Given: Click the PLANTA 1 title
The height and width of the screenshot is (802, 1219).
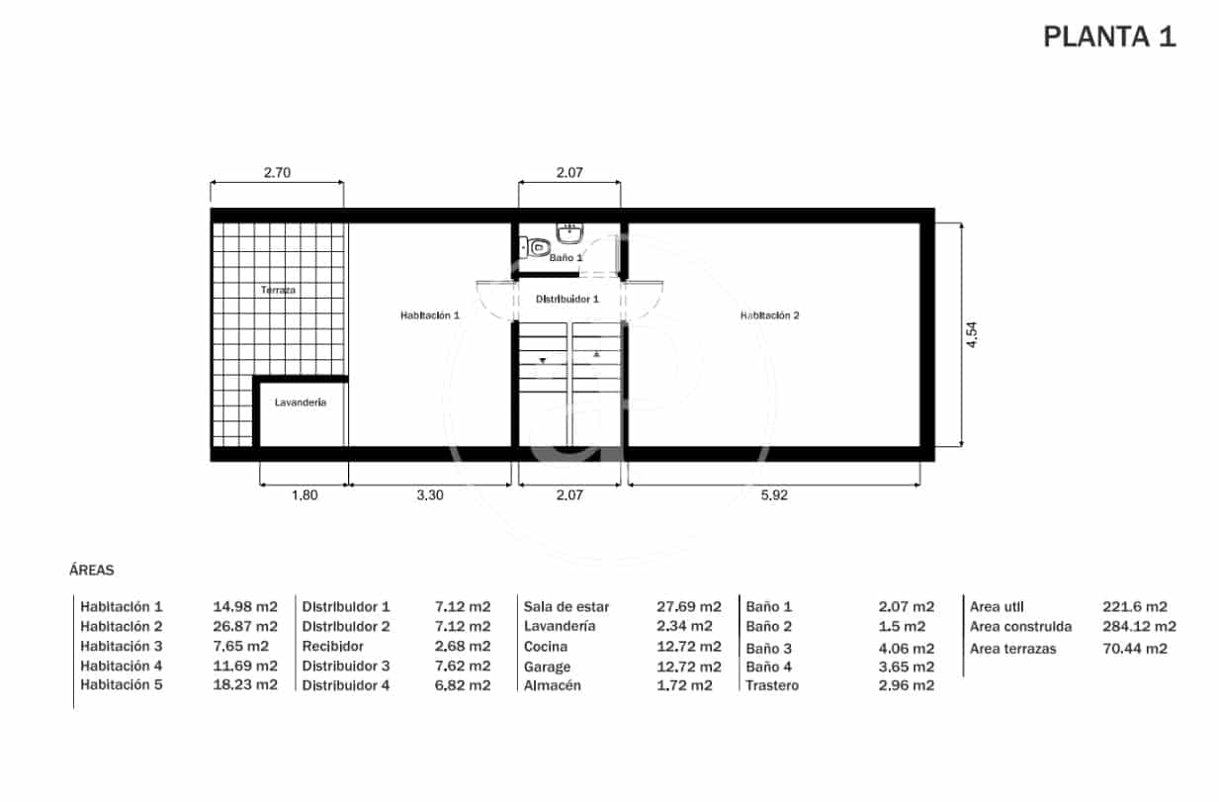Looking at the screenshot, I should tap(1109, 38).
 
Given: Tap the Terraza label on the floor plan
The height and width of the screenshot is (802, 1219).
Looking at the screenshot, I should tap(278, 291).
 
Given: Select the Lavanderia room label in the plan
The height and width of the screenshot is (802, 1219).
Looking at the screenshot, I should tap(301, 402).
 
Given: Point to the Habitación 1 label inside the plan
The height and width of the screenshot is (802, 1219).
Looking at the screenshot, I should tap(430, 315).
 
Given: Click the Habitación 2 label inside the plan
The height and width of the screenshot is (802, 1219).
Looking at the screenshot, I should tap(770, 315).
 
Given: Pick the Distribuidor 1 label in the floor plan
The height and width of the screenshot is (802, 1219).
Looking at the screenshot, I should tap(567, 299).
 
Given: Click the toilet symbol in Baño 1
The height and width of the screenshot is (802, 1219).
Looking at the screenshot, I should tap(538, 246).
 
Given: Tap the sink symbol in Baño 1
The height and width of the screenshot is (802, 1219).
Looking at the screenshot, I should tap(570, 232).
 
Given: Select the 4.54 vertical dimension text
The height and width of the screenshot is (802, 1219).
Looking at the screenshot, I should tap(973, 334).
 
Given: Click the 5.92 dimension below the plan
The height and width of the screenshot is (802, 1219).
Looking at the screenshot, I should tap(774, 495).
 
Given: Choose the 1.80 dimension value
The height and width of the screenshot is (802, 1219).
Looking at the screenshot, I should tap(305, 495).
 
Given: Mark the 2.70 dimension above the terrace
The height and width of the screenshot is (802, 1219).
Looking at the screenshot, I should tap(277, 172).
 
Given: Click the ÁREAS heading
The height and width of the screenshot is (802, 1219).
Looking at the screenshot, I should tap(92, 571).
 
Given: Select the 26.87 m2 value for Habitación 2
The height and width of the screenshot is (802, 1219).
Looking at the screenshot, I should tap(245, 626).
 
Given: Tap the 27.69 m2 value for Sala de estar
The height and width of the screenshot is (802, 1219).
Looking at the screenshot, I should tap(688, 606).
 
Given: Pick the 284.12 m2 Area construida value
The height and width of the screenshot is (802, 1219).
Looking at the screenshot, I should tap(1139, 626).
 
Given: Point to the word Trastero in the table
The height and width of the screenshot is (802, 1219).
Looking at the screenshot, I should tap(772, 685).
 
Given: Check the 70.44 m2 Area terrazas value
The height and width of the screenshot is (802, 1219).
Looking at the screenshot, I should tap(1134, 649).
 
